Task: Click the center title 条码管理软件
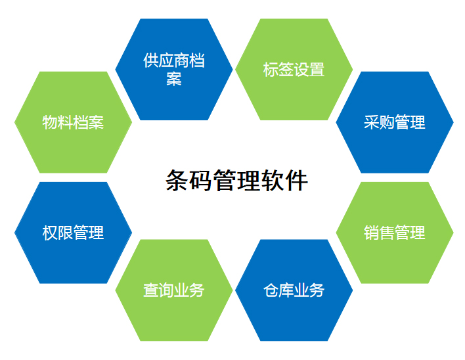(236, 180)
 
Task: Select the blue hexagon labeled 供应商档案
(174, 70)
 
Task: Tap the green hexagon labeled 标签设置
(294, 70)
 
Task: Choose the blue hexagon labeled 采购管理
(395, 122)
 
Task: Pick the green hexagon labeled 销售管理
(395, 233)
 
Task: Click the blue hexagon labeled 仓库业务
(294, 290)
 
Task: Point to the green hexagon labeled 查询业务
(174, 290)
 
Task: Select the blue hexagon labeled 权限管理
(74, 233)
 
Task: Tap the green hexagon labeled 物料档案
(74, 122)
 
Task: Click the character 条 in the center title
(177, 180)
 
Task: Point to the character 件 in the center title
(297, 180)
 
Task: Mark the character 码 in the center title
(201, 180)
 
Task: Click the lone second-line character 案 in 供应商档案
(174, 79)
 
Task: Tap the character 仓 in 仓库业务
(271, 290)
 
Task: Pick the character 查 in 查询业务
(151, 290)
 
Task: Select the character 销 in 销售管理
(372, 233)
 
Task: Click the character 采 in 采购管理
(372, 122)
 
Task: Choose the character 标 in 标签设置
(271, 70)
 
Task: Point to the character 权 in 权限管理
(50, 233)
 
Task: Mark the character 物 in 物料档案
(50, 122)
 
